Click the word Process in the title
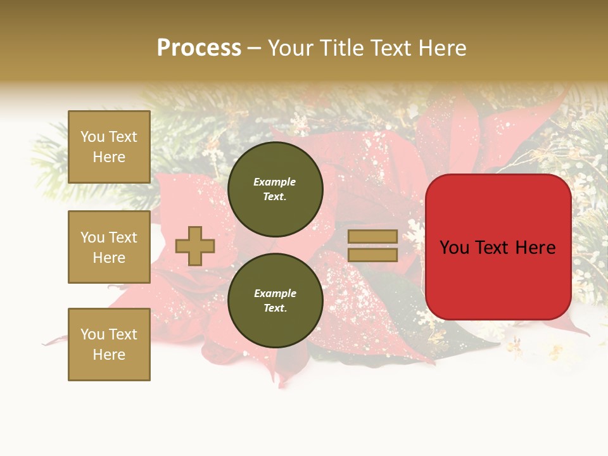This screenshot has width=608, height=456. [199, 48]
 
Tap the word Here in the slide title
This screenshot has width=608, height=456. [441, 48]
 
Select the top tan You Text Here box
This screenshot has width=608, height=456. [109, 147]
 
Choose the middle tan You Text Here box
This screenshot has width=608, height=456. [109, 247]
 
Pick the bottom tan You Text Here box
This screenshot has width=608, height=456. [109, 344]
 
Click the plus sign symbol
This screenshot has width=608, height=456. [194, 246]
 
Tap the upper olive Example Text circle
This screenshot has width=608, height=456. [275, 189]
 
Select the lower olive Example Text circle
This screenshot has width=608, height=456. [275, 300]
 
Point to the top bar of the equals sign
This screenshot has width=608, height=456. [372, 236]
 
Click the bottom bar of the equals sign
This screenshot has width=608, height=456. [372, 255]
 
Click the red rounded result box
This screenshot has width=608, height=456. [498, 279]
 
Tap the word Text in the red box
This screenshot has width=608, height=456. [497, 248]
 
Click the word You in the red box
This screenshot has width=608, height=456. [455, 248]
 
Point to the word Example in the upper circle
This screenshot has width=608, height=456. [274, 182]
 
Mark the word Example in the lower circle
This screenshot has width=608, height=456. [274, 293]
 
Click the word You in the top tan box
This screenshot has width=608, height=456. [92, 137]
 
